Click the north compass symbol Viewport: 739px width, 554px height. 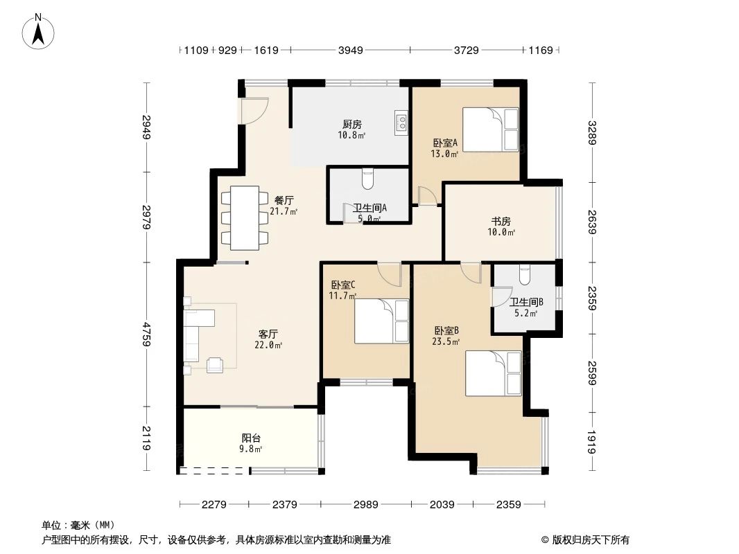tap(40, 31)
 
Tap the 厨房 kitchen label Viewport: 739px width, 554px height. tap(352, 125)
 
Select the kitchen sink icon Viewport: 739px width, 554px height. tap(401, 123)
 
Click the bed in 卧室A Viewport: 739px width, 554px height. tap(490, 129)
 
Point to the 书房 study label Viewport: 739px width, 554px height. tap(501, 222)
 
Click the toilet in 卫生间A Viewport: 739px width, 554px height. tap(367, 179)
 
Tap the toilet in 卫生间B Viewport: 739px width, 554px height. tap(524, 276)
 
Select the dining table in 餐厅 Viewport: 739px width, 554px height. tap(245, 218)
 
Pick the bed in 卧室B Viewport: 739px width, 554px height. tap(493, 373)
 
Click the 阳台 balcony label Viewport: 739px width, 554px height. tap(251, 438)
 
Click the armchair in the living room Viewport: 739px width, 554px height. tap(215, 364)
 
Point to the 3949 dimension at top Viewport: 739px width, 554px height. tap(349, 50)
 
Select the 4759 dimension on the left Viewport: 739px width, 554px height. tap(146, 334)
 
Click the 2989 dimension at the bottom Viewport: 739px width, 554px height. tap(365, 505)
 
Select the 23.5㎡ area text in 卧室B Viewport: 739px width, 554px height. tap(446, 341)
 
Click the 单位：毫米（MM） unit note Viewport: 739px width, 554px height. tap(78, 525)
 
